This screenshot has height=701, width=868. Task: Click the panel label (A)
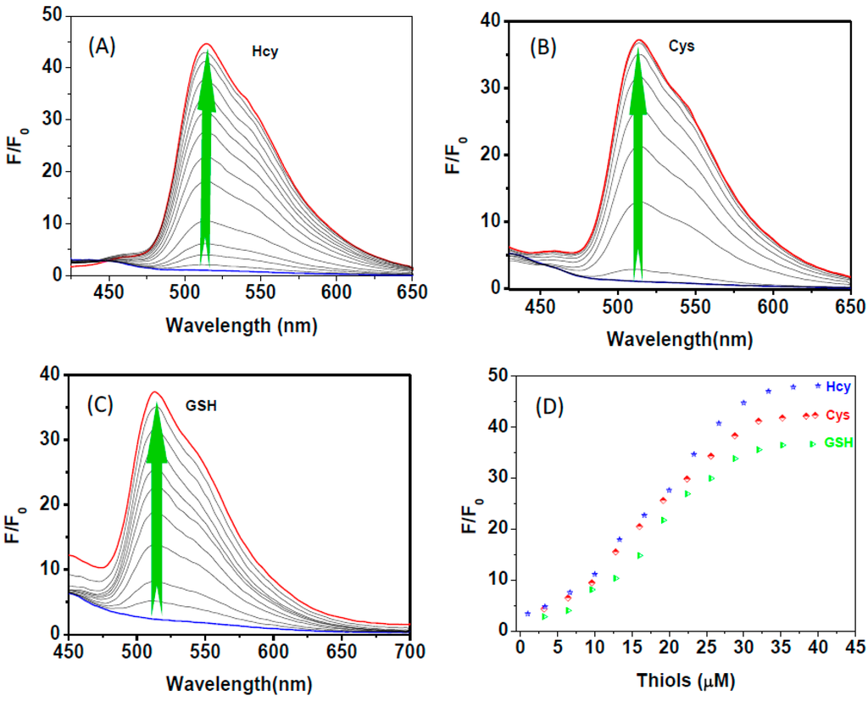click(102, 47)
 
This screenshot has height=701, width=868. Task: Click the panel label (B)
click(542, 47)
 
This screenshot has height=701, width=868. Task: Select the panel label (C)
click(106, 404)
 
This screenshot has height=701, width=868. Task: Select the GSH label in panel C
click(201, 405)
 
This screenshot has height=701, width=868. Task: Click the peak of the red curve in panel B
click(639, 40)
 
